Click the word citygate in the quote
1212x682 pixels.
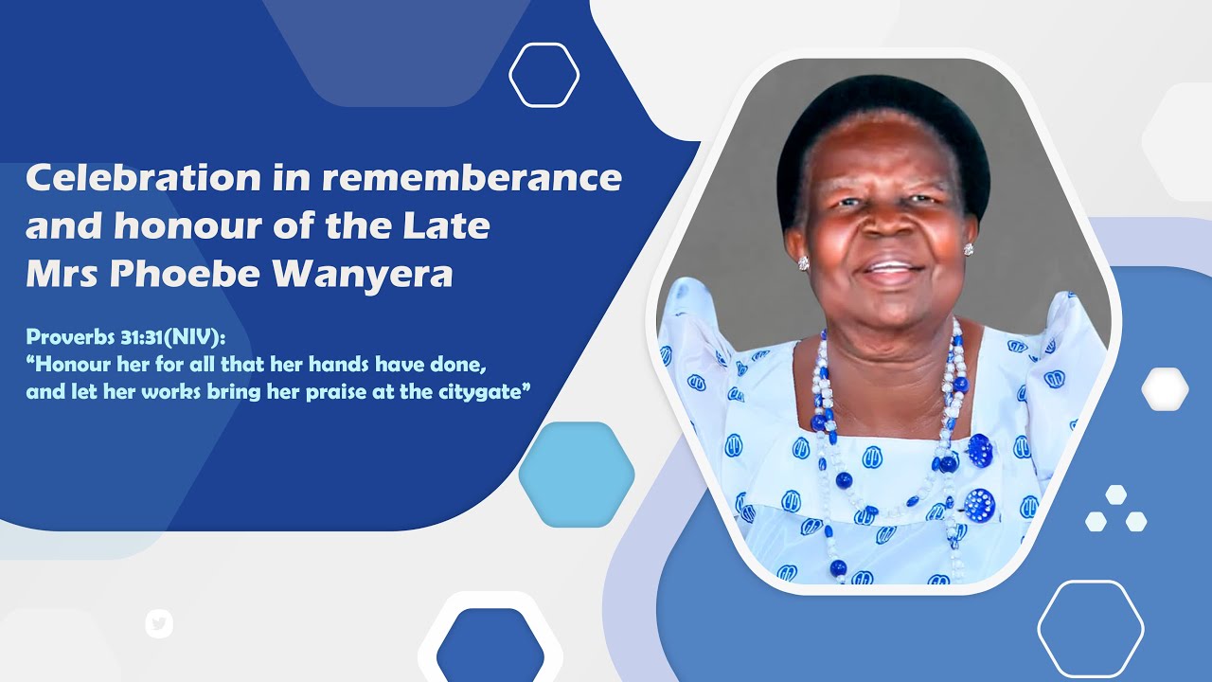coord(480,391)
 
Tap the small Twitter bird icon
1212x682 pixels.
coord(159,623)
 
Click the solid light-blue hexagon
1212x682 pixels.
coord(576,474)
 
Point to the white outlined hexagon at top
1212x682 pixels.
coord(544,75)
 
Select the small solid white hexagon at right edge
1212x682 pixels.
coord(1165,389)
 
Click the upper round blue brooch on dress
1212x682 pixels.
coord(979,450)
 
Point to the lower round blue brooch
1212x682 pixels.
coord(979,504)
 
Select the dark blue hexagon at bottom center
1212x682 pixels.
coord(490,650)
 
